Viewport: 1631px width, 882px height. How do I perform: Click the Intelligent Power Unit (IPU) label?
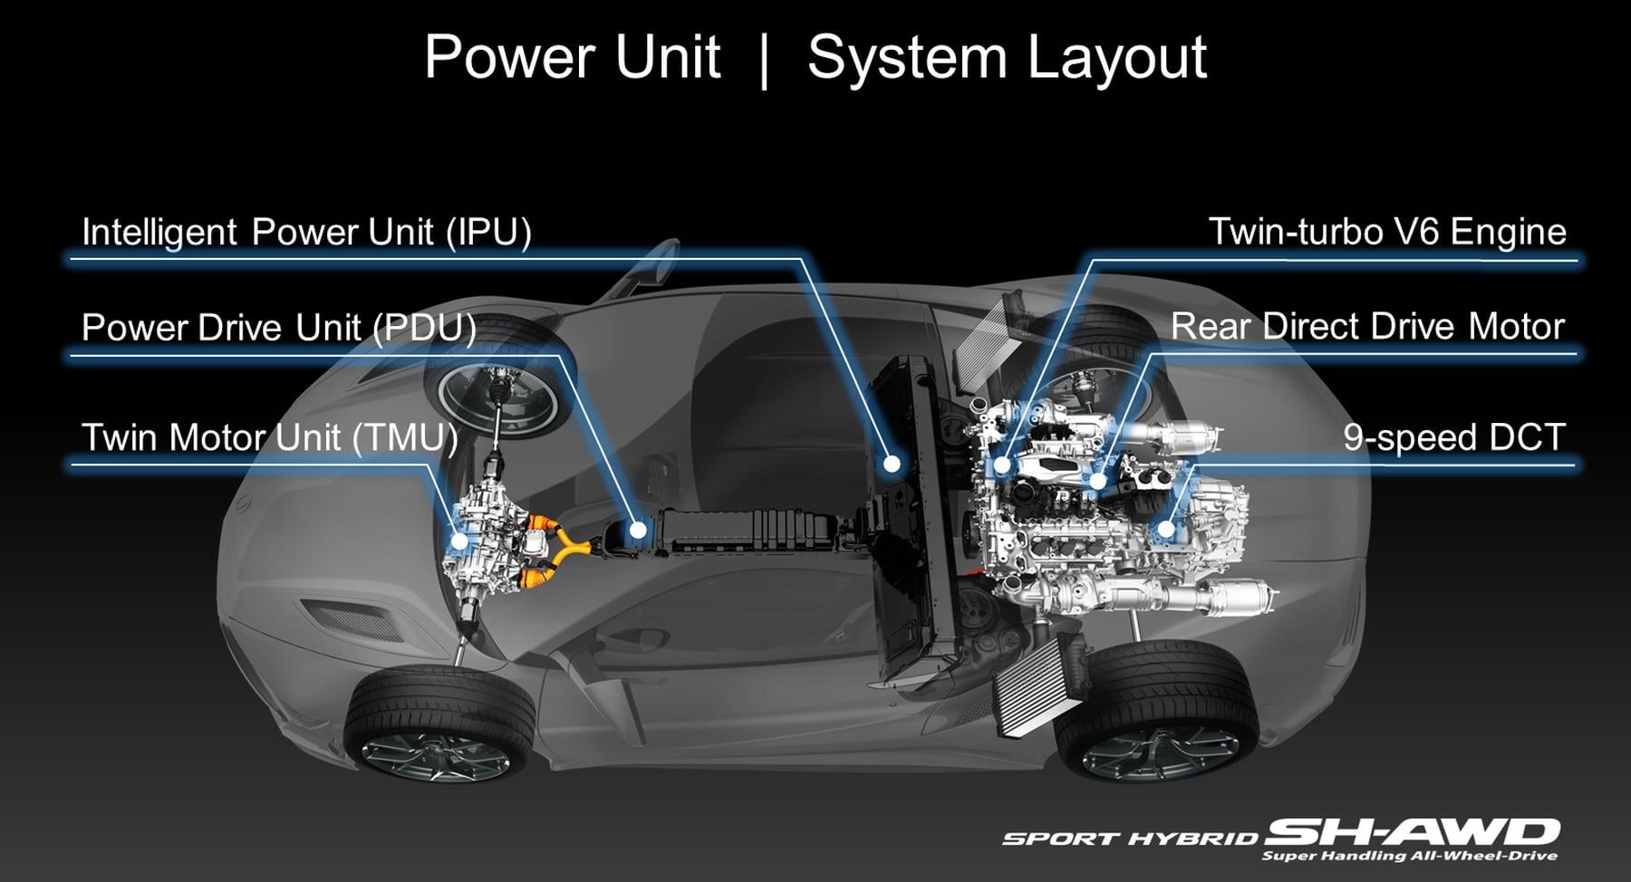pyautogui.click(x=306, y=232)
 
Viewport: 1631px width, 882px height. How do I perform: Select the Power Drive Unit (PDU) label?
pyautogui.click(x=278, y=327)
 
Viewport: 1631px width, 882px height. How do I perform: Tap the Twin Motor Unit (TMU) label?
pyautogui.click(x=270, y=437)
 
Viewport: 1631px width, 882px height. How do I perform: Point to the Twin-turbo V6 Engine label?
pyautogui.click(x=1386, y=232)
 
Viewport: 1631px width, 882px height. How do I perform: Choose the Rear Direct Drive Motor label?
pyautogui.click(x=1367, y=327)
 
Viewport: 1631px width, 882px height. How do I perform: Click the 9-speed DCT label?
pyautogui.click(x=1453, y=437)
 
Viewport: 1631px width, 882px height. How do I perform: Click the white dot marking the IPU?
pyautogui.click(x=893, y=464)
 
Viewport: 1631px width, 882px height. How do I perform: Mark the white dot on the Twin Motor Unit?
pyautogui.click(x=459, y=541)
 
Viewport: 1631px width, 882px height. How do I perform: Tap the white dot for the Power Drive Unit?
pyautogui.click(x=638, y=530)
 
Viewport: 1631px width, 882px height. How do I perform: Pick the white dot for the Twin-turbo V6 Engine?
pyautogui.click(x=1001, y=465)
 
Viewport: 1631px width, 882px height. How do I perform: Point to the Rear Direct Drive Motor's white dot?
pyautogui.click(x=1098, y=480)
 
